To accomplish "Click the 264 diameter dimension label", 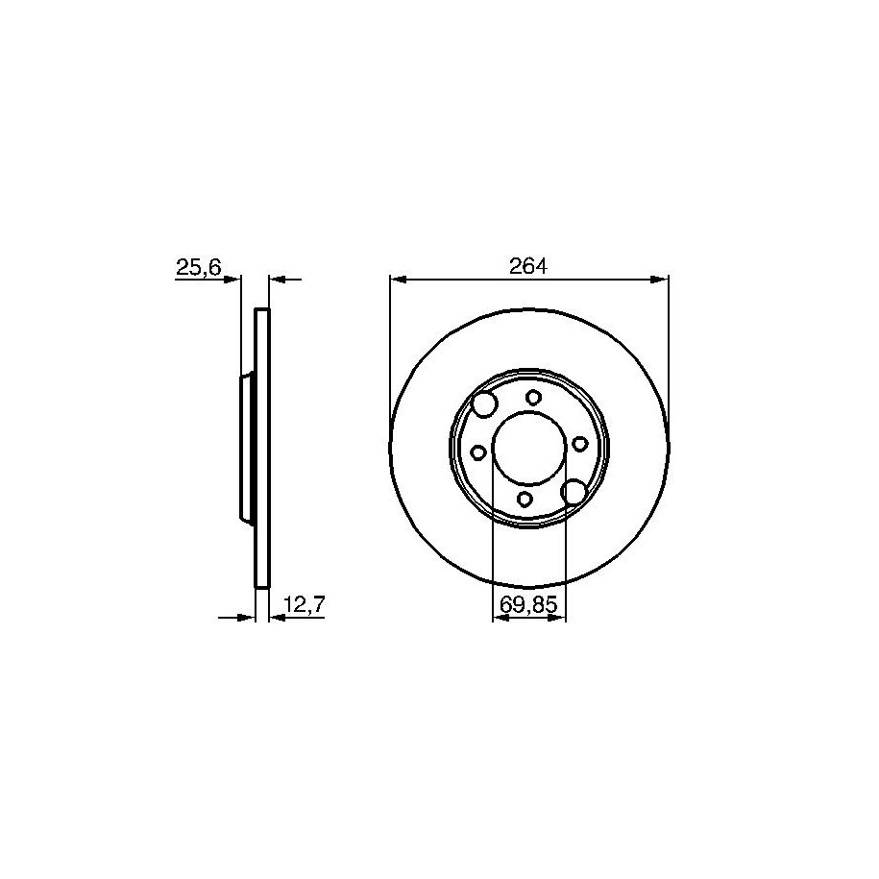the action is pyautogui.click(x=528, y=266).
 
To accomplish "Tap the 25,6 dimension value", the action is pyautogui.click(x=199, y=267).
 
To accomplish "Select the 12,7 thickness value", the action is pyautogui.click(x=305, y=605).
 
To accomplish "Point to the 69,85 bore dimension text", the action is pyautogui.click(x=528, y=605).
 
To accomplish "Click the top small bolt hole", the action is pyautogui.click(x=533, y=398).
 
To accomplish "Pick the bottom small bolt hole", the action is pyautogui.click(x=525, y=499).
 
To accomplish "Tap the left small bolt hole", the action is pyautogui.click(x=478, y=452).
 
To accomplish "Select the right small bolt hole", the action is pyautogui.click(x=579, y=444).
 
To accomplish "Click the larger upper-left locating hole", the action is pyautogui.click(x=484, y=404).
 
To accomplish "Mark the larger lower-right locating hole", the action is pyautogui.click(x=574, y=492).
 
